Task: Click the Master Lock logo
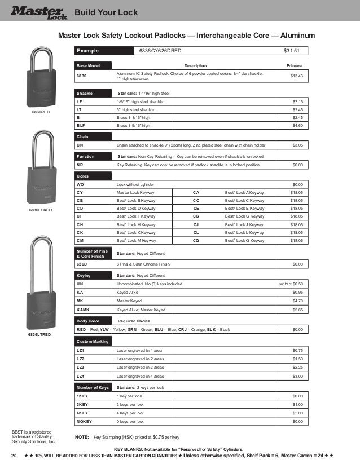click(38, 11)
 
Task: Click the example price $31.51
click(292, 51)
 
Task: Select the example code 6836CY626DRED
click(160, 51)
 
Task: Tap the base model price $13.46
click(296, 76)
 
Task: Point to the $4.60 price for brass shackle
click(298, 125)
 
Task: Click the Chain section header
click(82, 136)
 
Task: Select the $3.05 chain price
click(298, 145)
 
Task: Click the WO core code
click(80, 184)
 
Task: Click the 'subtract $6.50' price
click(291, 284)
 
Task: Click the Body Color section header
click(89, 320)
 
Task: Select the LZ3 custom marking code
click(80, 367)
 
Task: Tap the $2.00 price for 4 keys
click(298, 413)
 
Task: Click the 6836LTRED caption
click(39, 335)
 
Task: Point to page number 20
click(14, 455)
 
